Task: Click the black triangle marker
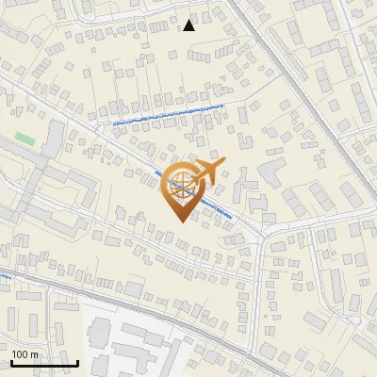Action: [189, 25]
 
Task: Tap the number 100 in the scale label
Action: [21, 353]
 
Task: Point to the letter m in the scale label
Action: [35, 353]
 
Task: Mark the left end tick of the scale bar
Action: [10, 361]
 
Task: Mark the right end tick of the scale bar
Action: [77, 361]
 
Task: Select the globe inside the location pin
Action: [179, 185]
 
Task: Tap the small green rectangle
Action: [25, 139]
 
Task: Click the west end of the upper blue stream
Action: [112, 123]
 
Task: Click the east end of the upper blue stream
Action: [223, 106]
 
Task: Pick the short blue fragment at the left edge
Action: [4, 276]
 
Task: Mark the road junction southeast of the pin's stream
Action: [263, 230]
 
